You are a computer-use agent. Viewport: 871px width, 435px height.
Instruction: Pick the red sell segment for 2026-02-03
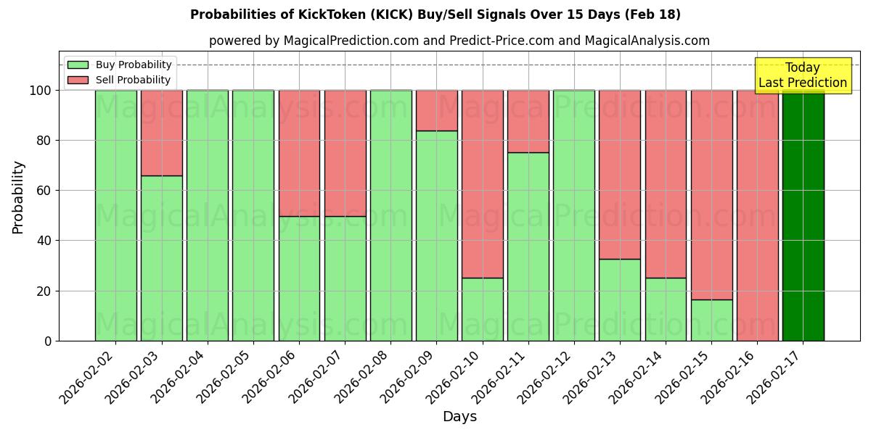point(161,133)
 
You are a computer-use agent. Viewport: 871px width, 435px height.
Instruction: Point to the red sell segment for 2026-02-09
point(436,110)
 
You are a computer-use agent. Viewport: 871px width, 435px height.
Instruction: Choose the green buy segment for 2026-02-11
point(528,246)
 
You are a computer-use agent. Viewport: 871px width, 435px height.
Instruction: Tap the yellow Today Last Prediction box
point(803,75)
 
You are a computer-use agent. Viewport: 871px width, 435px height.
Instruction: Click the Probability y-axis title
point(18,196)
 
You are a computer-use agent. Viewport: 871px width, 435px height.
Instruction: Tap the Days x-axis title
point(459,417)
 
